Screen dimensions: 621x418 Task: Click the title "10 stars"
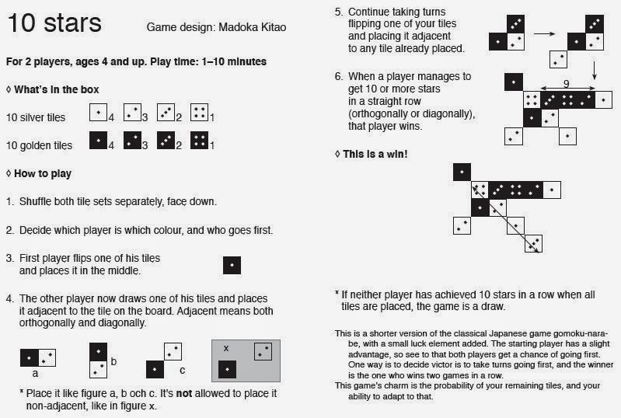coord(54,23)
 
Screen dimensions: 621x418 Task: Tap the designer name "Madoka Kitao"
coord(253,27)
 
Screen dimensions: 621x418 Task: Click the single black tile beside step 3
coord(232,265)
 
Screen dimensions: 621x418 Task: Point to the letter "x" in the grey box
coord(226,348)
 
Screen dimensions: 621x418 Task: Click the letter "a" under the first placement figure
coord(35,373)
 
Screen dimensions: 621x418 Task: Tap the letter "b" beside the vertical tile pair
coord(113,361)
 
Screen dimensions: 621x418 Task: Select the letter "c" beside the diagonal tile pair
coord(182,371)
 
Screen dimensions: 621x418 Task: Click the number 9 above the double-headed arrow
coord(567,83)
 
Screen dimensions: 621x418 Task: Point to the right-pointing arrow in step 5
coord(545,33)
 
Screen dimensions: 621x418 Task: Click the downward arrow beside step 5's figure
coord(594,71)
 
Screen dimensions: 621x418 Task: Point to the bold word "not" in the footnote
coord(183,393)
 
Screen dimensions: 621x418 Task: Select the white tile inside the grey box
coord(263,351)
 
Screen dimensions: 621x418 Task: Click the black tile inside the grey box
coord(227,369)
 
